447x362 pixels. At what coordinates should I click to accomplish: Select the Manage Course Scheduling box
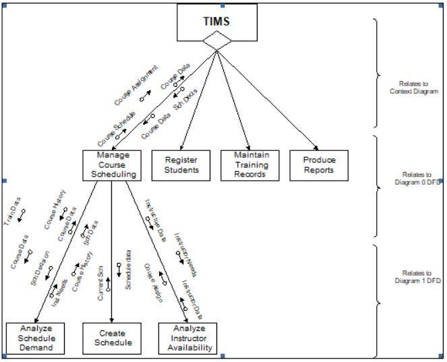pos(113,165)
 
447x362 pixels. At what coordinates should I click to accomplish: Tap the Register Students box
pos(182,165)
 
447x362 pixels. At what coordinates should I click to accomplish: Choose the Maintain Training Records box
pos(251,165)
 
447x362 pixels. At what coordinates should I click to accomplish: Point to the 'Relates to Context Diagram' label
pos(413,88)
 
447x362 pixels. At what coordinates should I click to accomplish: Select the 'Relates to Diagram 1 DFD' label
pos(417,277)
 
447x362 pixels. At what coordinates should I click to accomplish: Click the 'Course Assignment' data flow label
pos(136,84)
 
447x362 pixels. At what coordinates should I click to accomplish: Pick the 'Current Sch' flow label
pos(100,284)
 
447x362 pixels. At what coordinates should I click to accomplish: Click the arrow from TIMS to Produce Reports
pos(270,100)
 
